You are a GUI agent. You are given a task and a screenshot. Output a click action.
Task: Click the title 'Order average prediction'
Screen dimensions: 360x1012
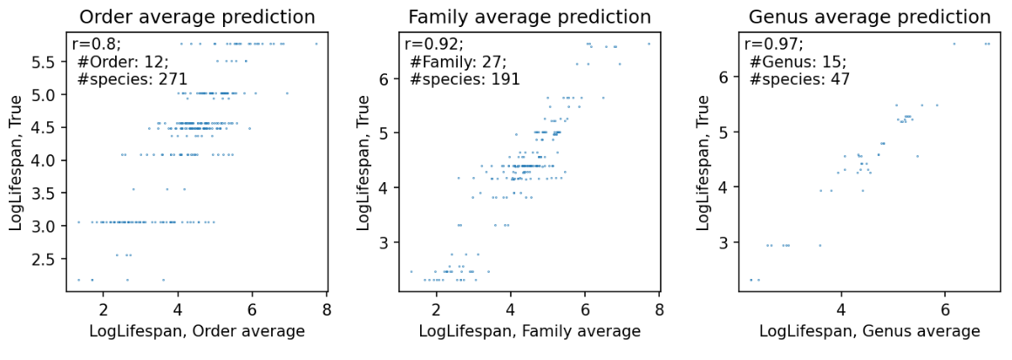(196, 17)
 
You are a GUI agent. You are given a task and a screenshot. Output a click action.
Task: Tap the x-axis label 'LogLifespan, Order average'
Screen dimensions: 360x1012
(196, 330)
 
